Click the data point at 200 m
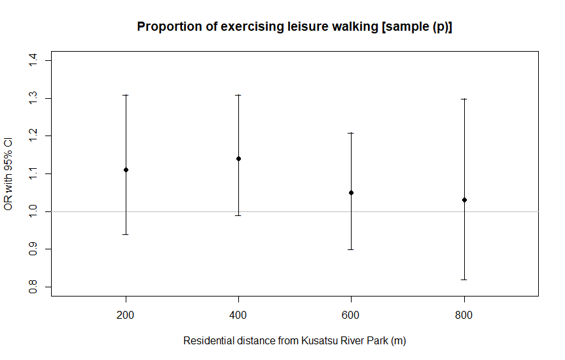pos(126,170)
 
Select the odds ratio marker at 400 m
pos(238,158)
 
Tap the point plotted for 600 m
pos(352,192)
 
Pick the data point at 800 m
pos(464,200)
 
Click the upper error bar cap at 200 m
pos(126,95)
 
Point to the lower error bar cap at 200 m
pos(126,234)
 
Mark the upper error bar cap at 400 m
pos(238,95)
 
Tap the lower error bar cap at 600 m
pos(352,249)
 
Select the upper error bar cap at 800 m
pos(464,99)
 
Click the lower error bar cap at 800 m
pos(464,279)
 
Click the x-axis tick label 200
pos(126,315)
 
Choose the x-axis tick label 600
pos(352,315)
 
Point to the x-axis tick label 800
pos(464,315)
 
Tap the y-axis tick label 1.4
pos(31,61)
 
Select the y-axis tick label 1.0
pos(31,211)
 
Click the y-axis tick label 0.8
pos(31,287)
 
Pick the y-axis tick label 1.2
pos(31,136)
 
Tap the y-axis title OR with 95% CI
pos(9,174)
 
